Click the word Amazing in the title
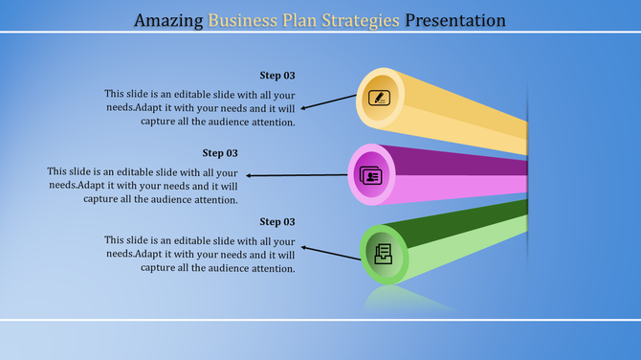[x=168, y=19]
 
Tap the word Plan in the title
[x=307, y=19]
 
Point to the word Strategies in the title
[x=366, y=19]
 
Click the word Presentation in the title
[x=455, y=19]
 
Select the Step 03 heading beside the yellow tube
[x=277, y=76]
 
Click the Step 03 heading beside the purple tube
[x=220, y=153]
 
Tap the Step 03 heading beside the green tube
[x=277, y=222]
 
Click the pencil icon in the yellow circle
[x=380, y=97]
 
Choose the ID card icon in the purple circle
[x=370, y=175]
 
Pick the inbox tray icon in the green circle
[x=382, y=254]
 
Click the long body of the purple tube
[x=459, y=174]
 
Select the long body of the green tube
[x=459, y=239]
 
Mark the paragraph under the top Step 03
[x=200, y=108]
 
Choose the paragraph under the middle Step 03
[x=143, y=186]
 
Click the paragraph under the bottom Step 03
[x=200, y=255]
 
